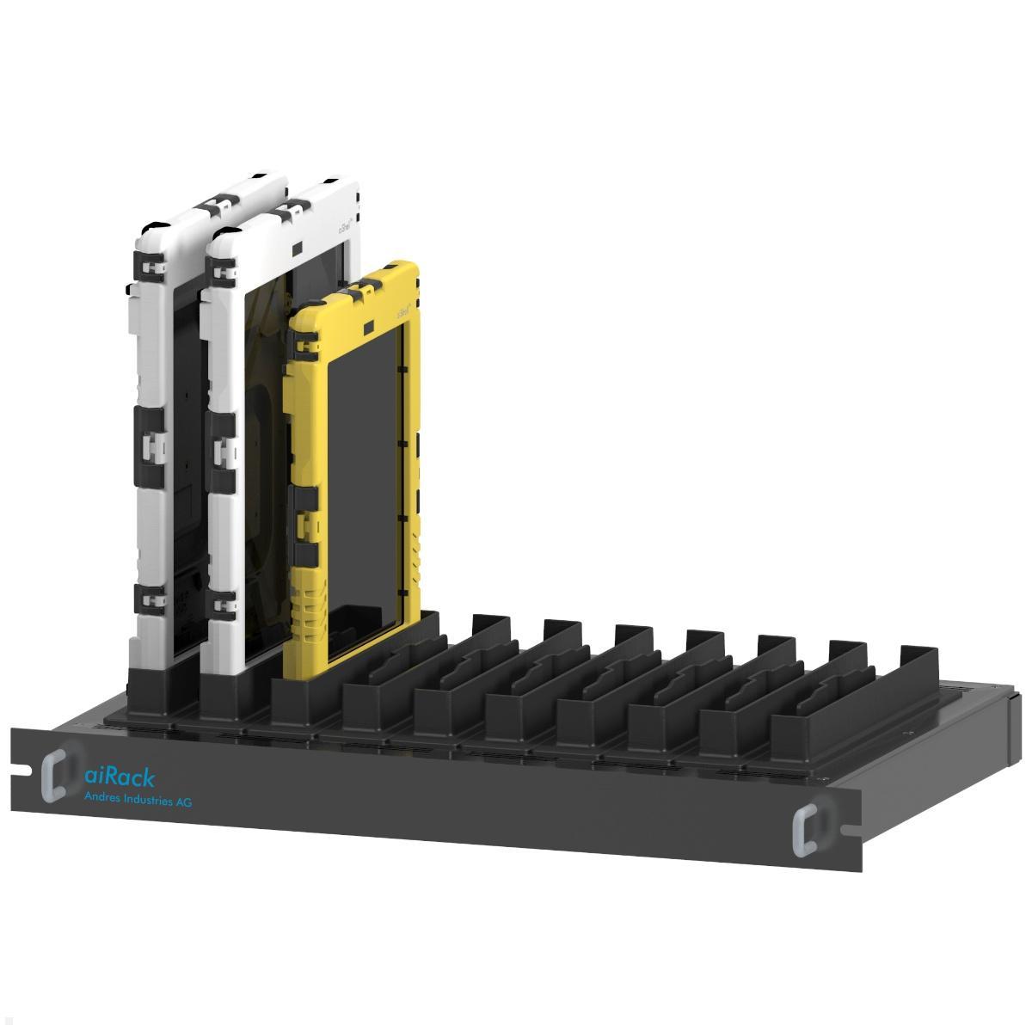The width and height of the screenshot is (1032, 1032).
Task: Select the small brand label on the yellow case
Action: [402, 312]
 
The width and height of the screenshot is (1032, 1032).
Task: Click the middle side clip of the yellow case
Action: [302, 507]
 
